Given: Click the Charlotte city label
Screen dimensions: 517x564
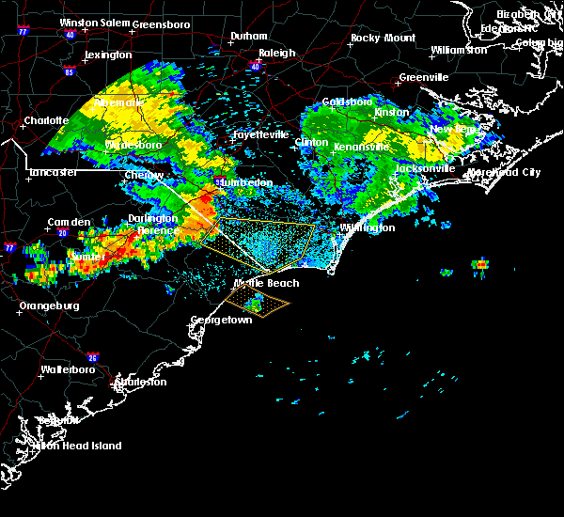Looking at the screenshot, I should point(46,120).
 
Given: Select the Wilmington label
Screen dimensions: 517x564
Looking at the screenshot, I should point(368,227).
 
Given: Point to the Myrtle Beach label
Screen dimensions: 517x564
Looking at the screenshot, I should point(266,283).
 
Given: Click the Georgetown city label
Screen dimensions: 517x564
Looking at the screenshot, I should point(222,320).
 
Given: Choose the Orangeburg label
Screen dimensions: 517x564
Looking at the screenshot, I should point(48,305).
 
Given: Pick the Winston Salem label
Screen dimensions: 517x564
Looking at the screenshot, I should point(94,23).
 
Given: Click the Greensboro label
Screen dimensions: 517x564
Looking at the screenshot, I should point(162,23).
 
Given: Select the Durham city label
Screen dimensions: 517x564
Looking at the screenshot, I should point(248,37).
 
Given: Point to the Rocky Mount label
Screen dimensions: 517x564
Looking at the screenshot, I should point(383,38).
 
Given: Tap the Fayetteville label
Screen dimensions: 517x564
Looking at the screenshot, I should point(260,134).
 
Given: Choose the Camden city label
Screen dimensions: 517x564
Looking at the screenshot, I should point(69,223).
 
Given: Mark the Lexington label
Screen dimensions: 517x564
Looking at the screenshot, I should point(108,55).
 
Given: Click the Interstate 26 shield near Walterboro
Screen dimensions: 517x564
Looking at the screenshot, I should point(92,357).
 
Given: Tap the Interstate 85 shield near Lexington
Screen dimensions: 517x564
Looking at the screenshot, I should point(69,70).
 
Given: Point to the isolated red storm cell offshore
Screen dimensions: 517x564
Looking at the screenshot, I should point(481,264).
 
